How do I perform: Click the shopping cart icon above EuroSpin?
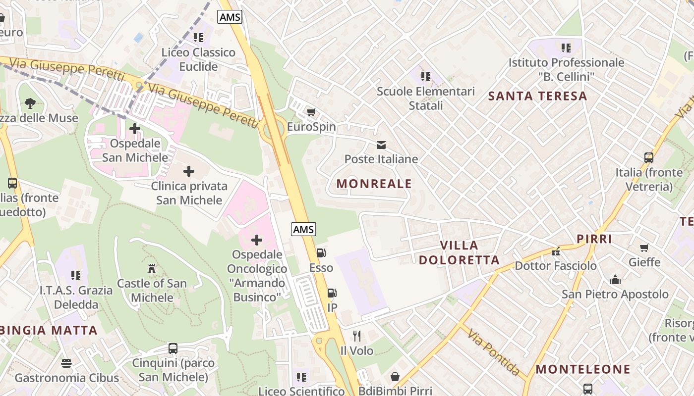coord(311,112)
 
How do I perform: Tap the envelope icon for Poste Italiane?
coord(381,145)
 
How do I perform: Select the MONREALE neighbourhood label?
coord(374,184)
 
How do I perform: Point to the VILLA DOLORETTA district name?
coord(459,252)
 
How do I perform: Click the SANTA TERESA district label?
coord(538,96)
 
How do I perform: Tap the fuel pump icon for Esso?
coord(321,253)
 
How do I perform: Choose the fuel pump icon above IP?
coord(332,293)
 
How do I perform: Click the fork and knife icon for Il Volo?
coord(357,336)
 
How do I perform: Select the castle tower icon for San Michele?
coord(152,269)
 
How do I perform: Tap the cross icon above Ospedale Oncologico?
coord(257,240)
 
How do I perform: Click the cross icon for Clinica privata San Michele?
coord(189,172)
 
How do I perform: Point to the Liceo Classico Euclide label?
coord(199,59)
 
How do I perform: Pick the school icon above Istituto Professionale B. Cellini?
coord(566,48)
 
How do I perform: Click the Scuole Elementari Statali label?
coord(426,98)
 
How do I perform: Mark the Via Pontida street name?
coord(493,351)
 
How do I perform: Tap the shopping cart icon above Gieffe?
coord(644,247)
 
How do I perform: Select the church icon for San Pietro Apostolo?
coord(615,280)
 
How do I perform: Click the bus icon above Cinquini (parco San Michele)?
coord(173,348)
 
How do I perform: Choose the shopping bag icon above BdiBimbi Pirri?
coord(395,377)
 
